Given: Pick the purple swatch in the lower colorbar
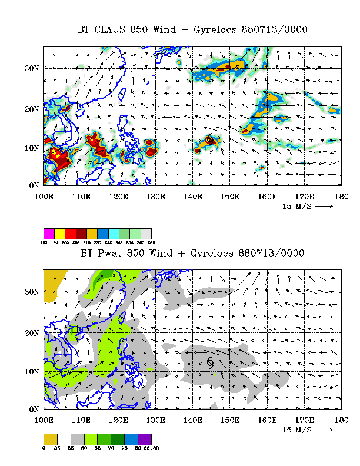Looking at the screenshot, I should coord(145,439).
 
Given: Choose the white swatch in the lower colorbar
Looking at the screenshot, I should coord(63,439).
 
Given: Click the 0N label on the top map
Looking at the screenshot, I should coord(33,186).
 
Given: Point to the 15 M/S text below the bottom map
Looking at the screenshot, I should coord(296,430).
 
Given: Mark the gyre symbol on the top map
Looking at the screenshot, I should coord(210,140).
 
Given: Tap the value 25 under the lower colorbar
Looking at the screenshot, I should coord(58,448).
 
